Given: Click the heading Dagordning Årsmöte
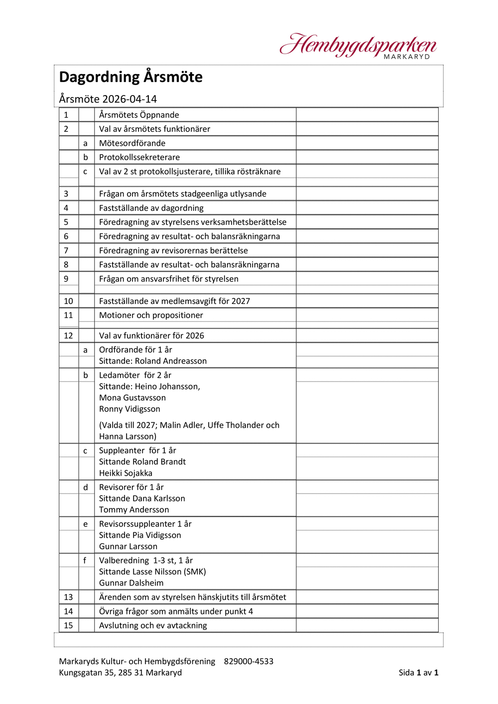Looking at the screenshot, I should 130,77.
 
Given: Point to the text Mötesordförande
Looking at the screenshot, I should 132,143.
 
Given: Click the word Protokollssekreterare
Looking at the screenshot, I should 139,157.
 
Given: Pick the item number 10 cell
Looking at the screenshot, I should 68,301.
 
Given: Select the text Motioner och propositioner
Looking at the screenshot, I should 151,315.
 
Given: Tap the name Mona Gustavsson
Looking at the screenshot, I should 132,398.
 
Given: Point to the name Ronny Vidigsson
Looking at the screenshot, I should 129,409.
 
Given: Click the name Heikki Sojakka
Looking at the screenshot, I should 125,473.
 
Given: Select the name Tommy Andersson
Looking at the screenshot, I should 134,509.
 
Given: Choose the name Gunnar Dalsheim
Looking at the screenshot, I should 131,583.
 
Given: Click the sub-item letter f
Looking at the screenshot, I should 85,560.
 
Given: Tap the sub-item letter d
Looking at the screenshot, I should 85,487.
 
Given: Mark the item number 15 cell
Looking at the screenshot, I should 68,625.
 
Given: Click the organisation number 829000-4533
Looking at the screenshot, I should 249,661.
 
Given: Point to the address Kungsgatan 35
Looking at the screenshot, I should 87,673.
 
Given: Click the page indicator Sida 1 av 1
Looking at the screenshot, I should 418,673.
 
